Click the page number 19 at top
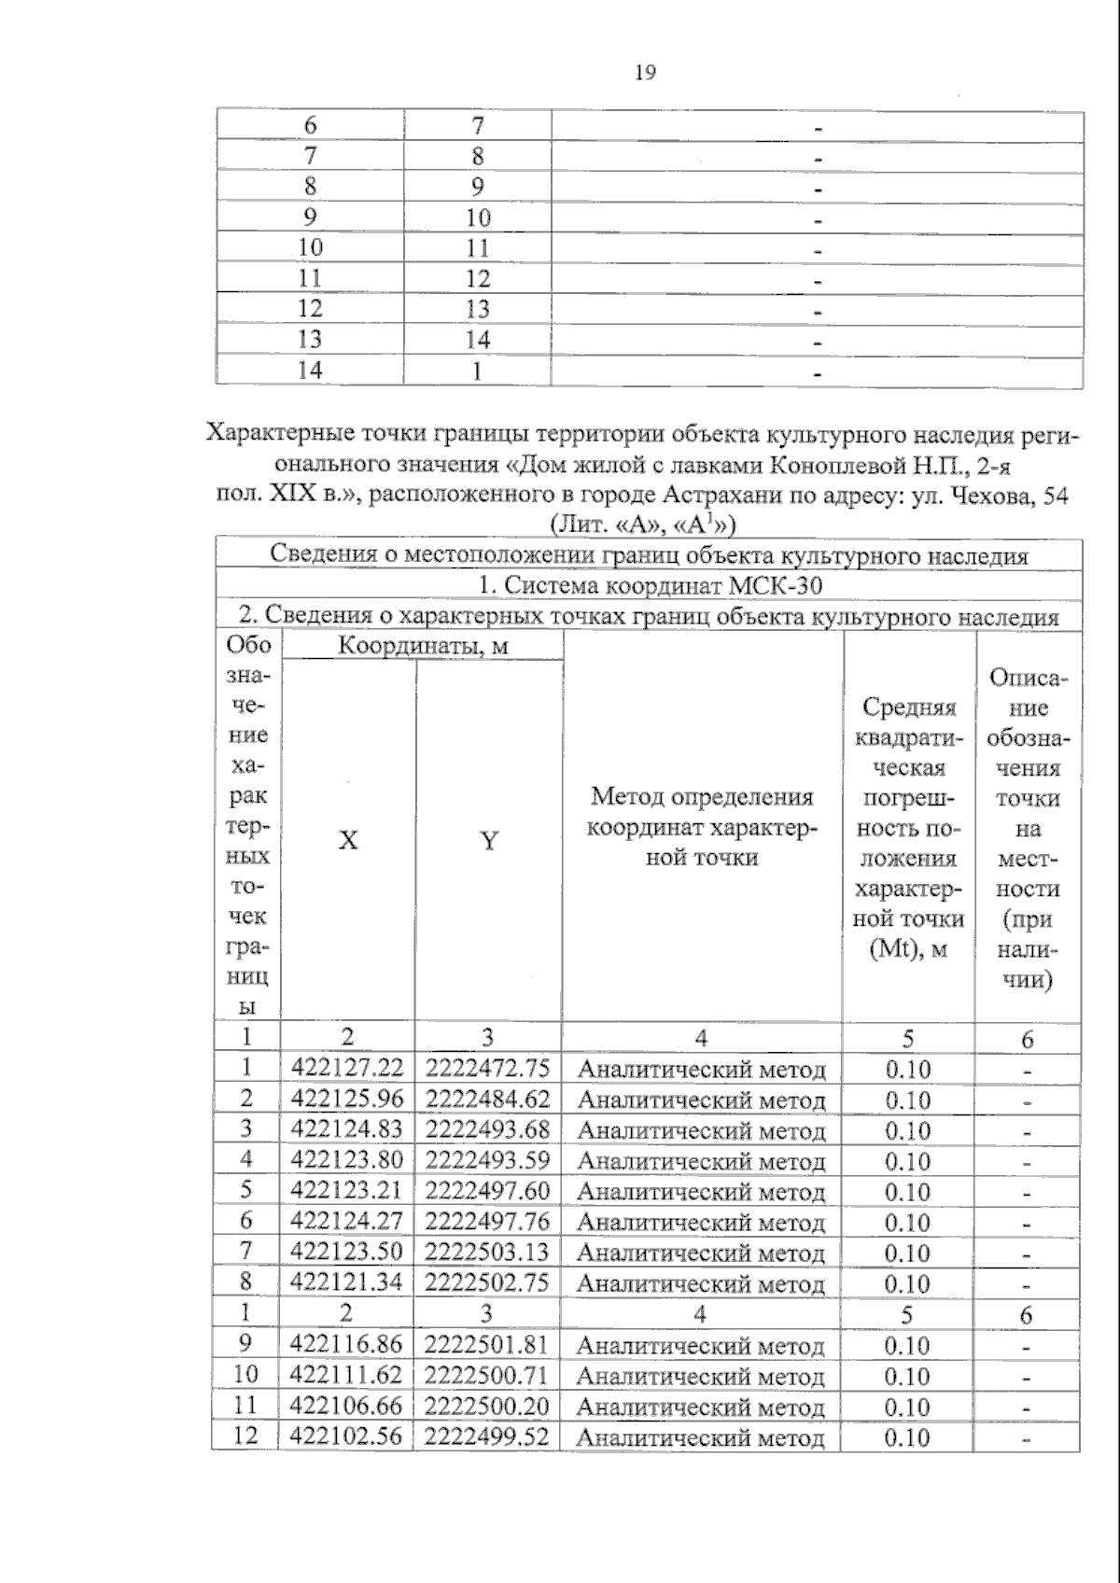coord(645,73)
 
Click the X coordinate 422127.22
coord(347,1068)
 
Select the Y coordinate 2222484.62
coord(487,1099)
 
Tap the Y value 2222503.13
coord(487,1251)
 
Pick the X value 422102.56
coord(346,1436)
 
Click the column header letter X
coord(347,841)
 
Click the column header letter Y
coord(488,841)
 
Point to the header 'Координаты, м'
coord(422,646)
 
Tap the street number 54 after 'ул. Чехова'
coord(1056,496)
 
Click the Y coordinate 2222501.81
coord(486,1344)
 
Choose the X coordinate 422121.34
coord(346,1282)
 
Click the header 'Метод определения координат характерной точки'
coord(702,827)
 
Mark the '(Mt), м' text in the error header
coord(908,949)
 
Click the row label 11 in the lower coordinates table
coord(245,1405)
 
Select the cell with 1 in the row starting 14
coord(477,371)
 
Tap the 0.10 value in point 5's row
coord(907,1192)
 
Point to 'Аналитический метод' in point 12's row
coord(700,1437)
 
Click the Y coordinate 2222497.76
coord(487,1221)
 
